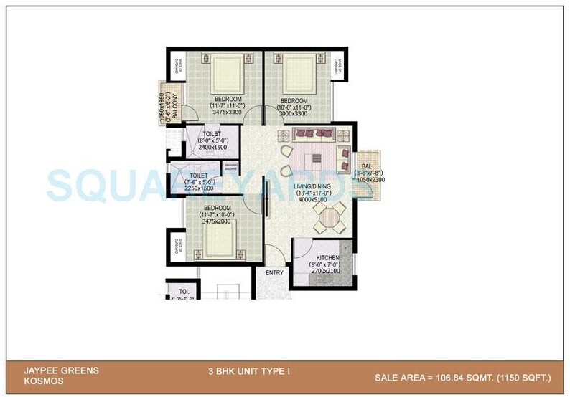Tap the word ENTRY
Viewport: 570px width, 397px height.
274,273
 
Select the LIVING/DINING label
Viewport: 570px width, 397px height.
312,186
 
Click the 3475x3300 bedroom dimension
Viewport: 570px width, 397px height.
228,113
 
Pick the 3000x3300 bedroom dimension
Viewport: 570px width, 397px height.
294,113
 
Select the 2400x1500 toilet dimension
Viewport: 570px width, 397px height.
212,148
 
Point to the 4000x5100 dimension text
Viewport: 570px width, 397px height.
312,200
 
